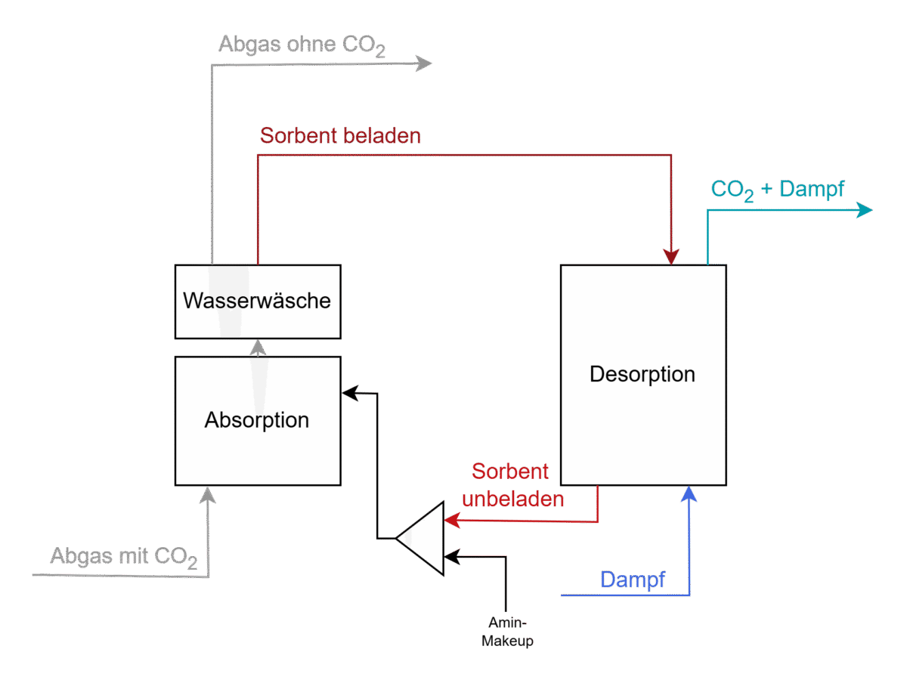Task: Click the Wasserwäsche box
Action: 257,301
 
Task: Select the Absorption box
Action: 257,420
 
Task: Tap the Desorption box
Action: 642,375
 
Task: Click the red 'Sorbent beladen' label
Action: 340,136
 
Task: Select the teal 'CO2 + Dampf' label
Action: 778,190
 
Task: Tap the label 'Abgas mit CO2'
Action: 124,558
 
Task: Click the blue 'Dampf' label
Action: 633,580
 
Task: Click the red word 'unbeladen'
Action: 513,499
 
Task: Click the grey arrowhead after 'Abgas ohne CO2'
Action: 424,64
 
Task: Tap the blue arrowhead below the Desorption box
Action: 689,493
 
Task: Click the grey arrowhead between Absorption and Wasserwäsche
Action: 258,348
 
